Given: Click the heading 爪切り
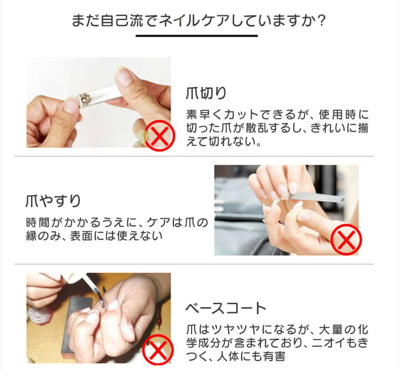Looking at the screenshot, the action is tap(206, 93).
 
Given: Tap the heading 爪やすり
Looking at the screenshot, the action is tap(53, 201).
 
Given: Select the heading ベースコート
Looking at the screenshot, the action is tap(226, 308).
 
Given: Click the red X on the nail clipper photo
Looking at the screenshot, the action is tap(160, 136).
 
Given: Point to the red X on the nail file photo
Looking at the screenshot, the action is tap(346, 240).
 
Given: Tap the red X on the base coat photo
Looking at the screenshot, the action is tap(158, 350).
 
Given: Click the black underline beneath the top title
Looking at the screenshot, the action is tap(197, 36).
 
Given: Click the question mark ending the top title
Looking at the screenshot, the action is tap(321, 21).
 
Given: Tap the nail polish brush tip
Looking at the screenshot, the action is tap(101, 302).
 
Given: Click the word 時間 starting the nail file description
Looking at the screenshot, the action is tap(37, 222).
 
